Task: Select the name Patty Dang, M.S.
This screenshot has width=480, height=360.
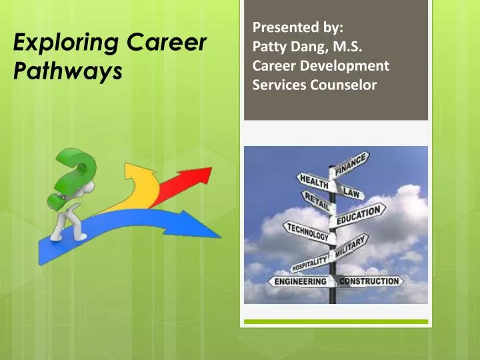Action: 299,47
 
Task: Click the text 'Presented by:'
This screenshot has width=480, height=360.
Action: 298,28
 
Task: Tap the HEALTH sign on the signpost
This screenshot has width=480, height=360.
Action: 313,181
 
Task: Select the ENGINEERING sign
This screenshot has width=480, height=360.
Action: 301,281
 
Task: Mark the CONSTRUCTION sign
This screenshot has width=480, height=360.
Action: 370,281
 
